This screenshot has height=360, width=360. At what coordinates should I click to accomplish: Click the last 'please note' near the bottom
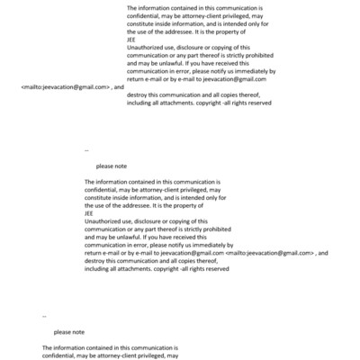click(67, 331)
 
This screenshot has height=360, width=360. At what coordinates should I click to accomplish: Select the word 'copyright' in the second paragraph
click(170, 270)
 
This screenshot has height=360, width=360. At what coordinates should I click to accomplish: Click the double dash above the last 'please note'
click(44, 317)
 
